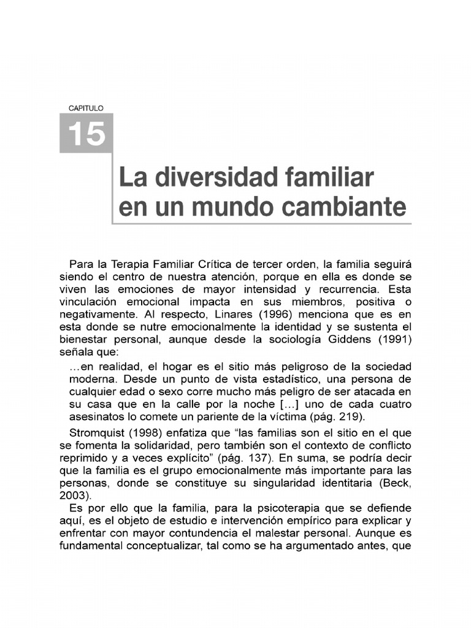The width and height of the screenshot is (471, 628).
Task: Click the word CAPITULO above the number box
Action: click(x=86, y=107)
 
